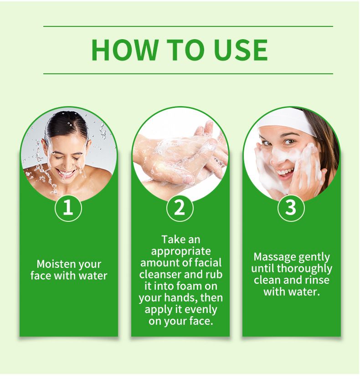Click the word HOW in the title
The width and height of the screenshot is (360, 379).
point(125,50)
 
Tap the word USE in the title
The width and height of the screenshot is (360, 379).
point(241,50)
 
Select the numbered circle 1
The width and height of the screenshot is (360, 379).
point(68,208)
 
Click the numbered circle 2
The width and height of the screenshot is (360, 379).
point(180,208)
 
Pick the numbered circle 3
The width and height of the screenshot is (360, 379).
point(291,208)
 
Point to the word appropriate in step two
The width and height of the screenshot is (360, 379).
point(181,251)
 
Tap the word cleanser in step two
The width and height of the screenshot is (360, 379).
point(160,274)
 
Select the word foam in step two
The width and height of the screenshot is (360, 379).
point(189,286)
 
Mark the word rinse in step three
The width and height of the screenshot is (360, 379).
point(318,280)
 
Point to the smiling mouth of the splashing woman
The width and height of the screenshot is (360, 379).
point(66,174)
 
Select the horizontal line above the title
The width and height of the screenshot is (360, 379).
point(188,26)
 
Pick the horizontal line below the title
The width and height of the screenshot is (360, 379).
point(188,73)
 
